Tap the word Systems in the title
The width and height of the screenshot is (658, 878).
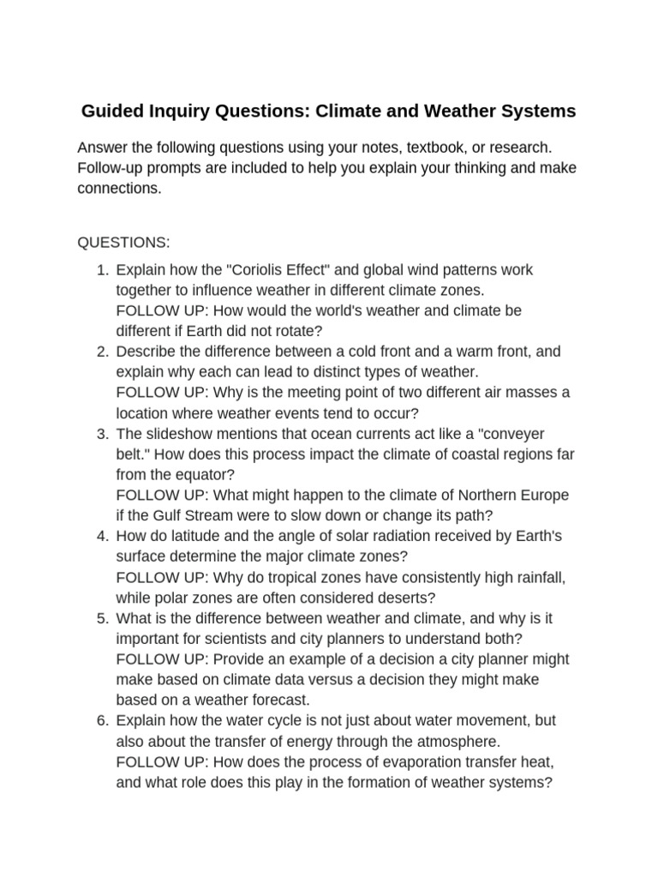[x=539, y=111]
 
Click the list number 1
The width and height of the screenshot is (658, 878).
[x=101, y=270]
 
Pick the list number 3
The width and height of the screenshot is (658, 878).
[x=101, y=434]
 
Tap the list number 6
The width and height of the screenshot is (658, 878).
[x=101, y=721]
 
